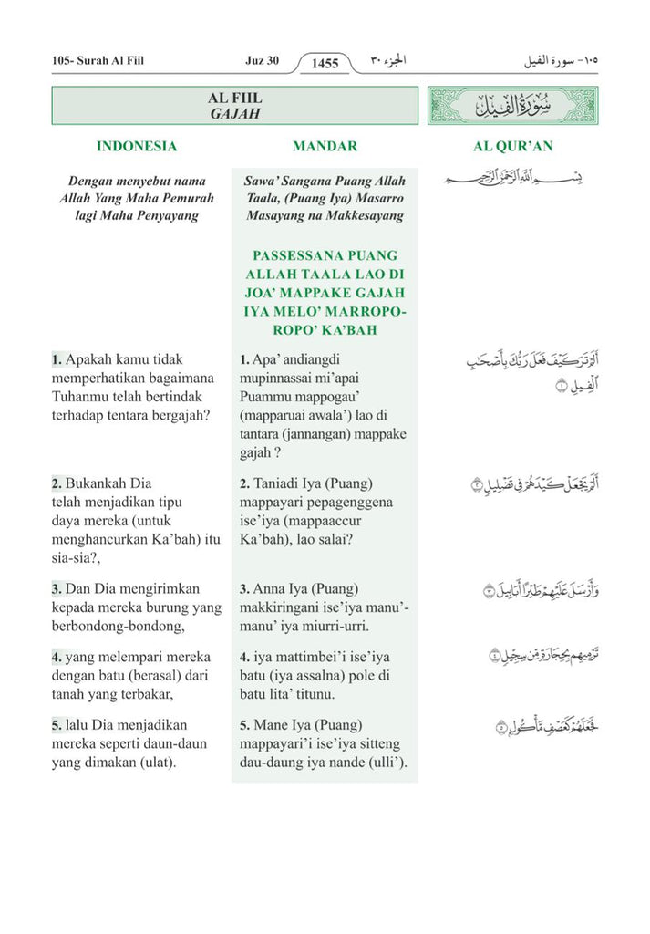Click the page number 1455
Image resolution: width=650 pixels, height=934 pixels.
click(x=325, y=63)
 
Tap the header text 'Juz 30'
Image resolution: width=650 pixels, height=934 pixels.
click(x=262, y=61)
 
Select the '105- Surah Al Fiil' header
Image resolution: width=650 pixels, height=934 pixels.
click(x=98, y=61)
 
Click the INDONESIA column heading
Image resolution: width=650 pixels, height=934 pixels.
click(x=137, y=146)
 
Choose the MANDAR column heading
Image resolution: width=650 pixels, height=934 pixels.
click(x=325, y=146)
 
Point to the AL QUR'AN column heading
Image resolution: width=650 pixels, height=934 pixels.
click(x=512, y=146)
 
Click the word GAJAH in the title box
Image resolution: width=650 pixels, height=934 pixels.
click(x=235, y=115)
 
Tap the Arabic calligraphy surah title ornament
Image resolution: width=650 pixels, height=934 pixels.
click(x=513, y=106)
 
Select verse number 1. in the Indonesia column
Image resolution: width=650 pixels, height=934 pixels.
click(x=57, y=360)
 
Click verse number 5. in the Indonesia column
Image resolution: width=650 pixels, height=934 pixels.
click(x=57, y=725)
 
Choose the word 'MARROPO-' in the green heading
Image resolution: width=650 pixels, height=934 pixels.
click(x=362, y=312)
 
